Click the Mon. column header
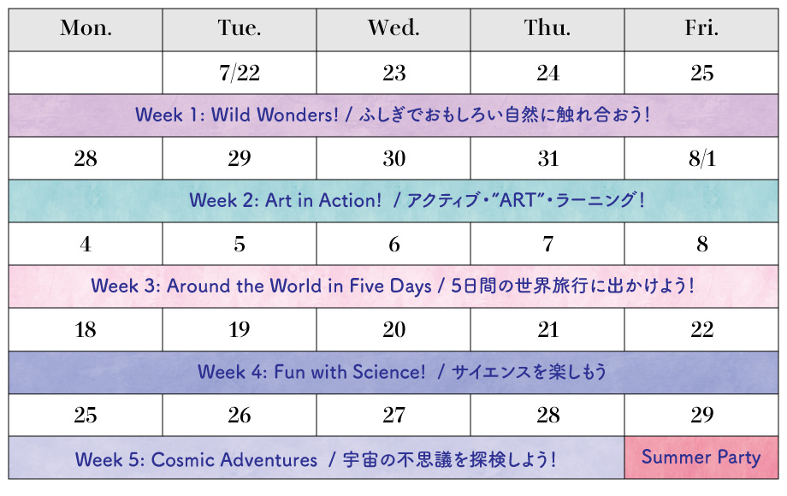coord(86,30)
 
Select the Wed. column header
coord(393,30)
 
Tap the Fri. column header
coord(701,30)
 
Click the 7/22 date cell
coord(240,73)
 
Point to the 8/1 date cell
coord(701,158)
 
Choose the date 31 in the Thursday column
coord(547,158)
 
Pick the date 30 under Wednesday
coord(393,158)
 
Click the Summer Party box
coord(701,458)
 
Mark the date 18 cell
coord(86,329)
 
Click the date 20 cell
coord(393,329)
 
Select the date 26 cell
coord(240,416)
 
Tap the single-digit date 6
coord(393,245)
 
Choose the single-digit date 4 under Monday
coord(86,245)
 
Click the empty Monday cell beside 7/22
coord(86,73)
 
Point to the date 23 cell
coord(393,73)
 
